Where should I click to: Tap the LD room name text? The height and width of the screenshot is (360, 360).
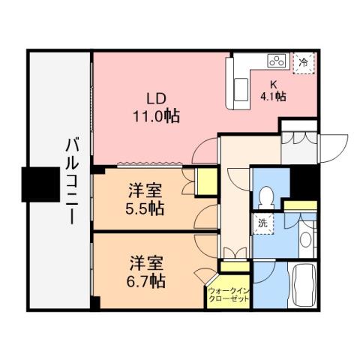tap(155, 99)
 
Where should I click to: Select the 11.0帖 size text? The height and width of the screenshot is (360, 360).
tap(155, 116)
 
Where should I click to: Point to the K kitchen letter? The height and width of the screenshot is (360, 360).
tap(274, 84)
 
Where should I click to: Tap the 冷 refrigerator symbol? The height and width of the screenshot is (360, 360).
tap(304, 62)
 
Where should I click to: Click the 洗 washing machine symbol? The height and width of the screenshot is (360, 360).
tap(262, 222)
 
